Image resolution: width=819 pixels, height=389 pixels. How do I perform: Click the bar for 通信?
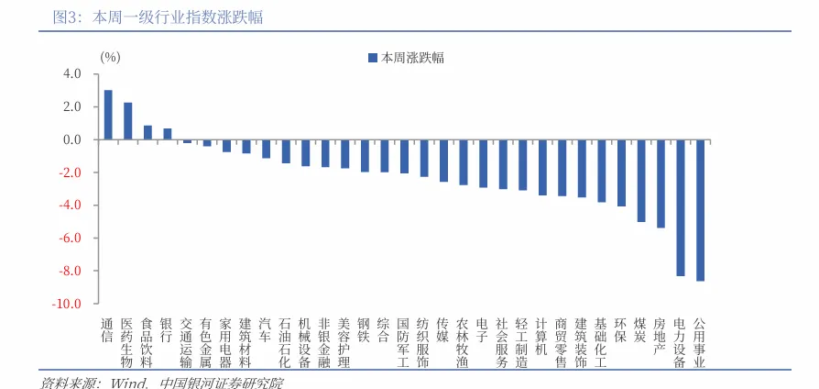pos(108,115)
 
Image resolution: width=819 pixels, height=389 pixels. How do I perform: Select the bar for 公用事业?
pos(701,210)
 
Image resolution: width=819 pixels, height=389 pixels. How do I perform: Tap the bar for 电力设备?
pos(681,207)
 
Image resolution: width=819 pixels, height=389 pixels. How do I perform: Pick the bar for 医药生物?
pos(128,121)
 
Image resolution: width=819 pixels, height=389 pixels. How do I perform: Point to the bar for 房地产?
pos(661,183)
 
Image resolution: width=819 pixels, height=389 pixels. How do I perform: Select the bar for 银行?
pos(168,134)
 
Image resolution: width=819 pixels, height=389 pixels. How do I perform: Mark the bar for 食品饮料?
pos(147,132)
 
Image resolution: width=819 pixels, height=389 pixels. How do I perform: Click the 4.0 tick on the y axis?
pos(72,74)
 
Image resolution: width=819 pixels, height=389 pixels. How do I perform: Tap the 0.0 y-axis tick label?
pos(72,140)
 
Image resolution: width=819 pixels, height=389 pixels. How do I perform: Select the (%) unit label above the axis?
pos(110,57)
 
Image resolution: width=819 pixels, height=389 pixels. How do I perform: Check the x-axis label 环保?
pos(621,330)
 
